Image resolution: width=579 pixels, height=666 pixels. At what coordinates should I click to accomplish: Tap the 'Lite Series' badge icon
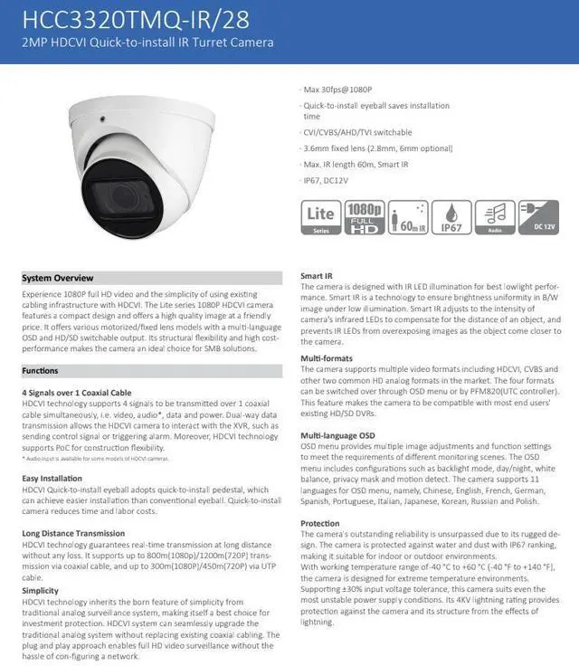[319, 220]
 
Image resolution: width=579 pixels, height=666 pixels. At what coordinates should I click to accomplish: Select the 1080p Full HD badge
[364, 220]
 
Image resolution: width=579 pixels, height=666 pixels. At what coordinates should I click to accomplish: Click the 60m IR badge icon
[407, 220]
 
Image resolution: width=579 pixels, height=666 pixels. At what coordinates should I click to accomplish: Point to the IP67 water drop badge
[451, 220]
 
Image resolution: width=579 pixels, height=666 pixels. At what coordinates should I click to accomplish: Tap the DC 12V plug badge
[540, 220]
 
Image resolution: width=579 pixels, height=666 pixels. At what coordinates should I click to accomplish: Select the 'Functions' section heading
[40, 371]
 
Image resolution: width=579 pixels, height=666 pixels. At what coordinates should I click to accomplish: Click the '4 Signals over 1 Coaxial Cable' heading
[82, 392]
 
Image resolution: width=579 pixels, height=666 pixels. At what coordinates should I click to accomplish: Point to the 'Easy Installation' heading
[52, 478]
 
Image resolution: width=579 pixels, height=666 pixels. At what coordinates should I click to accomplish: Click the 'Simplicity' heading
[40, 590]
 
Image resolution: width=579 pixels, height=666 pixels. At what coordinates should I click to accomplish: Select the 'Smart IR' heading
[318, 275]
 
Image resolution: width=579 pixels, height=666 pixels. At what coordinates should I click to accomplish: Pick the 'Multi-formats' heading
[327, 358]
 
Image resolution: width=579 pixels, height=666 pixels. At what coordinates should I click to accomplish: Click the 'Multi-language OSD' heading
[337, 435]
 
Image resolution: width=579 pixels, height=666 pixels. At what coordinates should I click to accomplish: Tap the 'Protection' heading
[320, 523]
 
